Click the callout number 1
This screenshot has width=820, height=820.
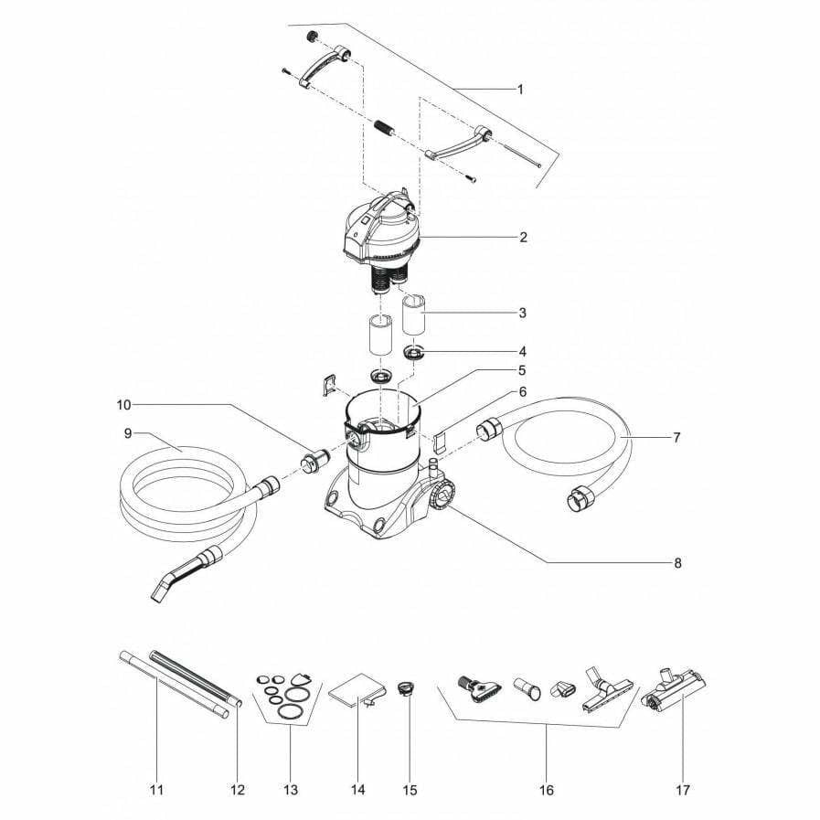click(x=520, y=90)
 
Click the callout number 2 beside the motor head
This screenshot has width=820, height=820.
click(x=523, y=238)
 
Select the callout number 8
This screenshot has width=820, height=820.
click(x=677, y=563)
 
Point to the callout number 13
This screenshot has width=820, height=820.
click(x=292, y=789)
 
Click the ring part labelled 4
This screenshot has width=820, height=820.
click(x=414, y=353)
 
